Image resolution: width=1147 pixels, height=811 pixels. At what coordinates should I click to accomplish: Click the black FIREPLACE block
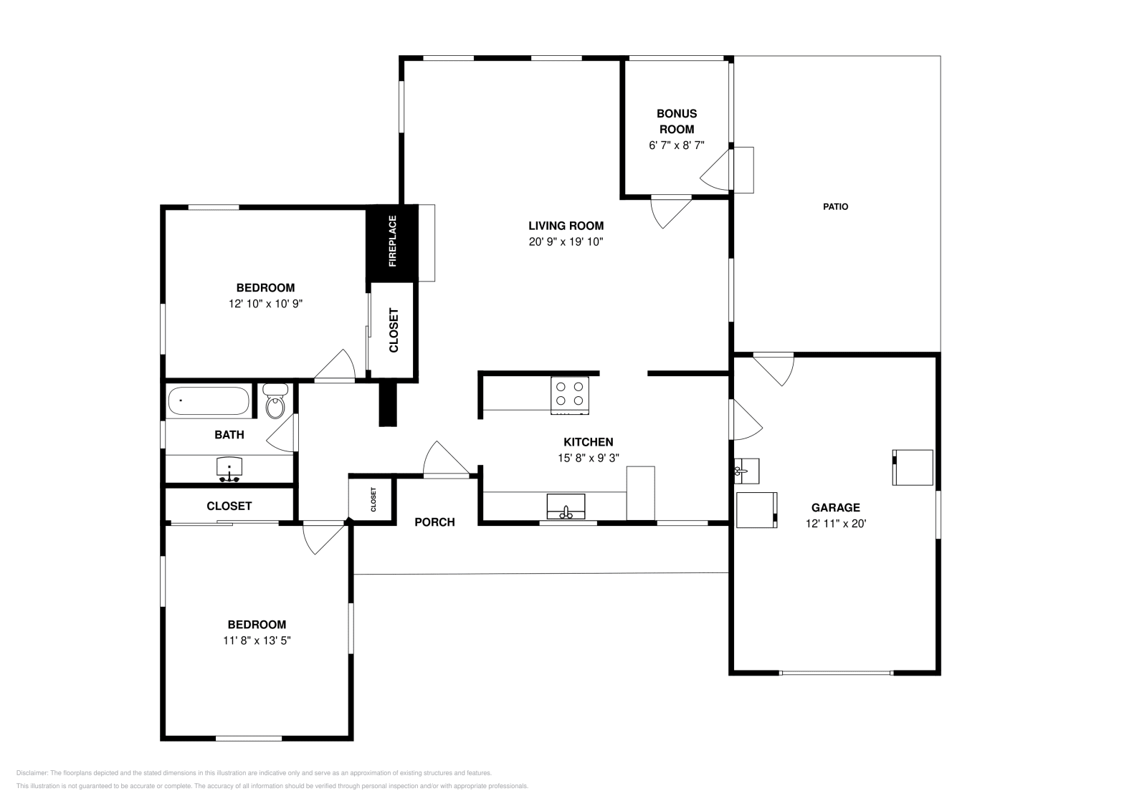tap(392, 242)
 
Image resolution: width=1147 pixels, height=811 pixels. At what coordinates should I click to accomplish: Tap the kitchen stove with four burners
tap(570, 395)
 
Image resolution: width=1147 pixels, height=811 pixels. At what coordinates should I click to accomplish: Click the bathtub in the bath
tap(209, 401)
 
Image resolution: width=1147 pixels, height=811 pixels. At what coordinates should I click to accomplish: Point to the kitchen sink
tap(566, 507)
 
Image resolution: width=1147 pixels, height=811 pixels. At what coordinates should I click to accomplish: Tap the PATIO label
tap(835, 206)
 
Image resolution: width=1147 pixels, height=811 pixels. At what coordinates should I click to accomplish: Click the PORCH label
tap(434, 522)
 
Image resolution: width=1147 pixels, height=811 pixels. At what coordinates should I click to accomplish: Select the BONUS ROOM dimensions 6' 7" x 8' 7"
tap(677, 145)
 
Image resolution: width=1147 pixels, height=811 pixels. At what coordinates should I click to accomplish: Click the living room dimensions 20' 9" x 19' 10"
tap(566, 242)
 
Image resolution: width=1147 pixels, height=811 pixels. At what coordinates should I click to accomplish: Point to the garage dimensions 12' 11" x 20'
tap(836, 524)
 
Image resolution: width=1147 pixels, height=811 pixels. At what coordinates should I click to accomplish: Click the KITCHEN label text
tap(588, 442)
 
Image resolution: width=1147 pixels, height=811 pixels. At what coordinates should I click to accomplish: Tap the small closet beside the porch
tap(373, 499)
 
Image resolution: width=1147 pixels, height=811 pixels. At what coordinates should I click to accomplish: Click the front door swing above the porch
tap(444, 460)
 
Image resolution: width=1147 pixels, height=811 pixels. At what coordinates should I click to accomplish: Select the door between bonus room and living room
tap(670, 210)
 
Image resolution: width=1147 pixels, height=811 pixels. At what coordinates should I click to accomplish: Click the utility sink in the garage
tap(746, 471)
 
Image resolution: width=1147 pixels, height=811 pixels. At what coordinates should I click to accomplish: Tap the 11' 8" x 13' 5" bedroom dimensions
tap(257, 640)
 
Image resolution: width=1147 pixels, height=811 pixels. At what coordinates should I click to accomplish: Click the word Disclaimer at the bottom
tap(32, 773)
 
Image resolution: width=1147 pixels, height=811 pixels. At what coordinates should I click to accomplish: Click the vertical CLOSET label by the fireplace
tap(394, 330)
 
